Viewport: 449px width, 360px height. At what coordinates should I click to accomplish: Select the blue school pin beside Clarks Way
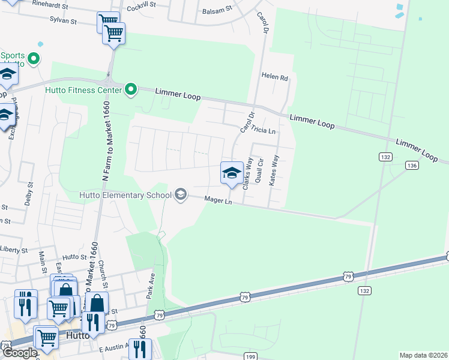tap(232, 173)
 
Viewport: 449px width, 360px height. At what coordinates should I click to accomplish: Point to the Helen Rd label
tap(275, 77)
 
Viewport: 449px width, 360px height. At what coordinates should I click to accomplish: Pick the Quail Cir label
tap(260, 171)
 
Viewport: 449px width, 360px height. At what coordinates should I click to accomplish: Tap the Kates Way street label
tap(274, 170)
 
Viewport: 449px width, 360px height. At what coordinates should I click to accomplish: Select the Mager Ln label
tap(218, 200)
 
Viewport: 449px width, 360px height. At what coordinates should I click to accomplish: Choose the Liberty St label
tap(14, 249)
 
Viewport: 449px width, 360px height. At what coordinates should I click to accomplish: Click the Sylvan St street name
tap(62, 20)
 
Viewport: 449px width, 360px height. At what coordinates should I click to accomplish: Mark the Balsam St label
tap(217, 10)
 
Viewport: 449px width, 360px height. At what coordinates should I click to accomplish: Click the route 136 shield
tap(411, 165)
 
